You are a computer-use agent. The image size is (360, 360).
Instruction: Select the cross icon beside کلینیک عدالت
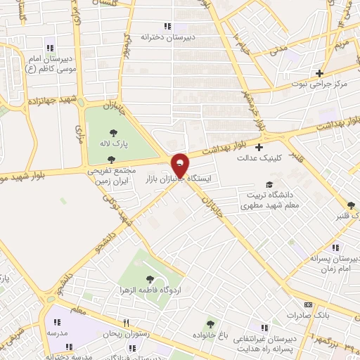click(x=259, y=148)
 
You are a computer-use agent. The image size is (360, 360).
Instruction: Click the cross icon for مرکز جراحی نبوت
click(x=319, y=73)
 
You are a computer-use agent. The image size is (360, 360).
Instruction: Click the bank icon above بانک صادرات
click(x=307, y=305)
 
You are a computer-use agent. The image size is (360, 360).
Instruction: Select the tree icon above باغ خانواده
click(x=210, y=324)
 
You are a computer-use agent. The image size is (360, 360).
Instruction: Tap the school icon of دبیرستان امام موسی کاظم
click(x=49, y=48)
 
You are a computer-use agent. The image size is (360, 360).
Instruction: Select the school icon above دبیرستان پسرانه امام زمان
click(x=335, y=247)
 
